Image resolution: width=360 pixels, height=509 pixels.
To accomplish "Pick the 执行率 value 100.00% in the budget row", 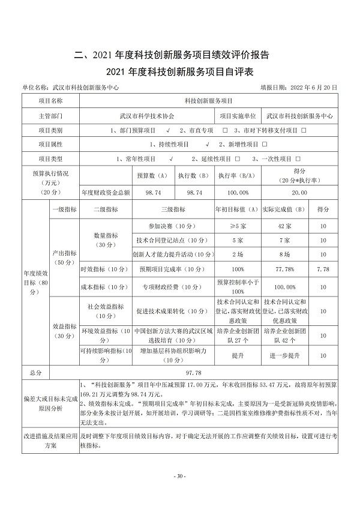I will pos(233,192).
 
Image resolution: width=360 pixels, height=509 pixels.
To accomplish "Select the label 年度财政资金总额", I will pos(104,192).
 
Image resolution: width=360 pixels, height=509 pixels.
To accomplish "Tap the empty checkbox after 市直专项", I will pos(224,130).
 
